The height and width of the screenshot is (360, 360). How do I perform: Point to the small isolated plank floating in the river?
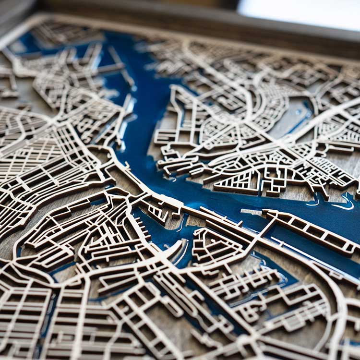[x=252, y=212]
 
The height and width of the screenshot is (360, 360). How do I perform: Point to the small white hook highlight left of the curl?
[x=315, y=201]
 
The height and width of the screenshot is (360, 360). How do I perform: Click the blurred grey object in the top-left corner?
[x=14, y=14]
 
